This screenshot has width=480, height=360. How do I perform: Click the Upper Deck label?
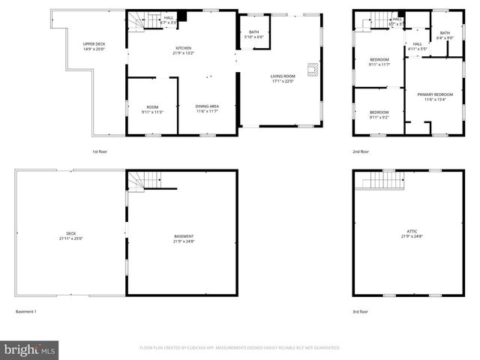coord(94,47)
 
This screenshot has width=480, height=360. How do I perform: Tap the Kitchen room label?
coord(184,50)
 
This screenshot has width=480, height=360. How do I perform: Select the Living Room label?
coord(283,79)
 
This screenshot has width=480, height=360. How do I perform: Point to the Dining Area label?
coord(208,109)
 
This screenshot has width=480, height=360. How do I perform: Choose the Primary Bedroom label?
coord(435,97)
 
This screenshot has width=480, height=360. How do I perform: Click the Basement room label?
coord(184,238)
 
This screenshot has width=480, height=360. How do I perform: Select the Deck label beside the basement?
coord(71,235)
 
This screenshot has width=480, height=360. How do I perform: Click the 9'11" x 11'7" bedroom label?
coord(379,62)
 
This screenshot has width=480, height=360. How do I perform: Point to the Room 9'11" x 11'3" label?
coord(152,110)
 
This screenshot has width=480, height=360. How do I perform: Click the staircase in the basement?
coord(144,180)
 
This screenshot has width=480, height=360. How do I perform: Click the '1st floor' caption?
coord(100,151)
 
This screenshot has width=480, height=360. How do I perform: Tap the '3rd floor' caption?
coord(361,311)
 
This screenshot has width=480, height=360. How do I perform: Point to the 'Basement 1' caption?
coord(25,311)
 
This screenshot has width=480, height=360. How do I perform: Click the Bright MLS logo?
coord(30,349)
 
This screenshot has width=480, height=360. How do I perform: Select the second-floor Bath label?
coord(445,35)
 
